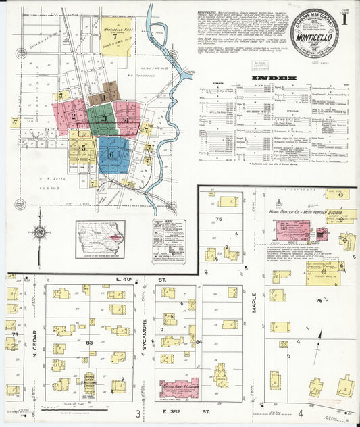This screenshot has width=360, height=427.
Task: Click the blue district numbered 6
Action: pos(113,155)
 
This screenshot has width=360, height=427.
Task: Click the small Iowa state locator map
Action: pos(99,239)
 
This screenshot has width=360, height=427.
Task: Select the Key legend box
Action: pos(168,241)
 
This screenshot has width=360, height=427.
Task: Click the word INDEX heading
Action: pos(274,78)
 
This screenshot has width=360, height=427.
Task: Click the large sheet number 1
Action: pos(344,20)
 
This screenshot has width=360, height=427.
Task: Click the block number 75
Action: pos(218,219)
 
